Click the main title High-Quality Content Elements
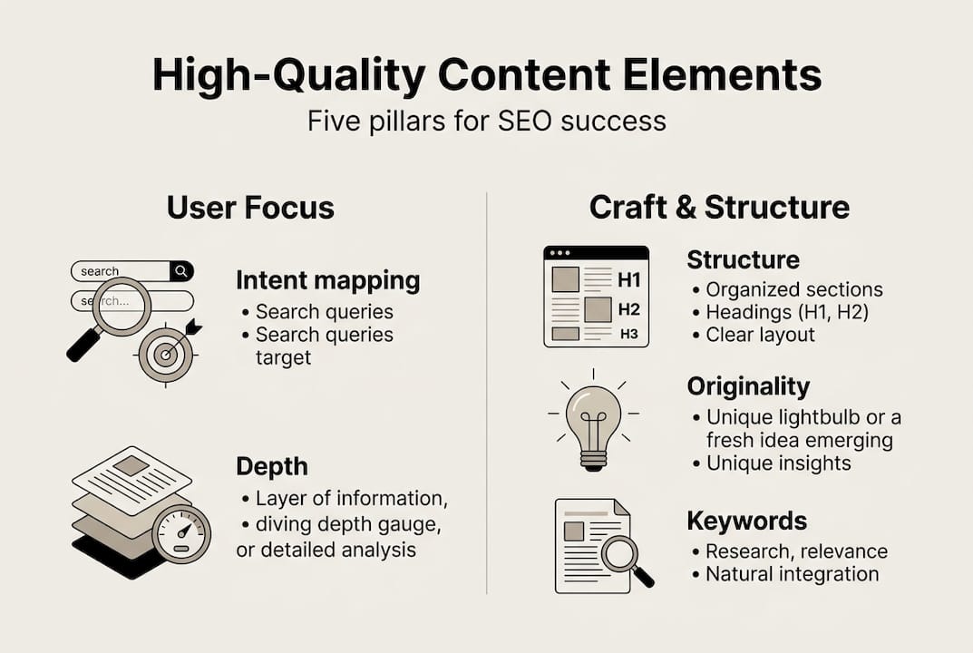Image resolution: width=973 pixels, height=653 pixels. (x=487, y=75)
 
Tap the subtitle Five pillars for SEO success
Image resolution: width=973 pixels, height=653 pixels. (x=487, y=121)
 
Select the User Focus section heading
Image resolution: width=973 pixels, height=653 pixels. (x=250, y=208)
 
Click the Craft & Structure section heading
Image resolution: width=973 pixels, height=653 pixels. (x=719, y=208)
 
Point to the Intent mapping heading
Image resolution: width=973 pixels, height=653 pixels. (x=327, y=281)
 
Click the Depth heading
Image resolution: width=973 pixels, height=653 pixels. (x=272, y=467)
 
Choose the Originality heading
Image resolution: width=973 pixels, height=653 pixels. (x=748, y=387)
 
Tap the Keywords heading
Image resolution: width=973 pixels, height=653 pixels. (x=747, y=521)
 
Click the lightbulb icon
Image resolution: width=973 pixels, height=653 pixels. (x=594, y=421)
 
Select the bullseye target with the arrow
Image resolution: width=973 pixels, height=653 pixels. (x=166, y=353)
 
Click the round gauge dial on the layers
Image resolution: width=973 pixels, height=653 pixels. (x=181, y=534)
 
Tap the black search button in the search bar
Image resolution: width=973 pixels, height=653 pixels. (x=182, y=271)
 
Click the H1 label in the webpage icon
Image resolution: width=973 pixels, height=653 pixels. (x=628, y=280)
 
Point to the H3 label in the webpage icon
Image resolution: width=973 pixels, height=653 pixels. (x=629, y=334)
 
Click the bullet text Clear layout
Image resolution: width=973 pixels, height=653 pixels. (x=760, y=336)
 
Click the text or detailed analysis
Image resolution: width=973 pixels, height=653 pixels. (x=326, y=550)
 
